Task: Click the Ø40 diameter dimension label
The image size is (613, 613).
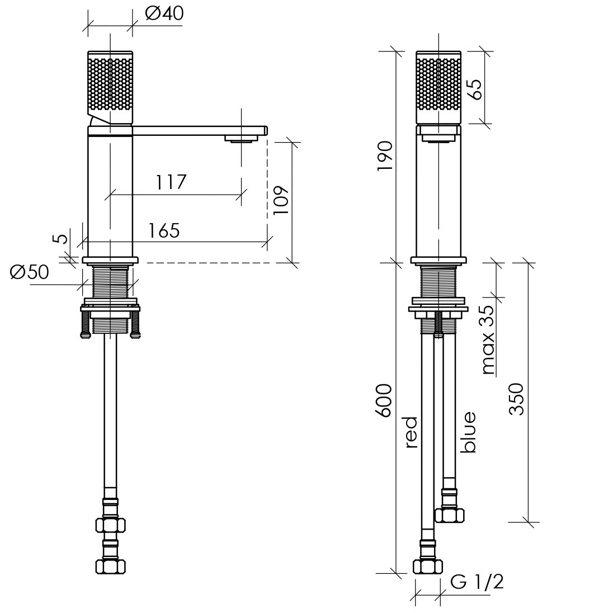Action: pyautogui.click(x=164, y=13)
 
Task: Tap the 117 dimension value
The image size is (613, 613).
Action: pyautogui.click(x=171, y=182)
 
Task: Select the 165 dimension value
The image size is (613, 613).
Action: pyautogui.click(x=164, y=230)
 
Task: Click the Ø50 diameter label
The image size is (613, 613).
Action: pyautogui.click(x=29, y=272)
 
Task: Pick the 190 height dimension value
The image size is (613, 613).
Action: pyautogui.click(x=384, y=155)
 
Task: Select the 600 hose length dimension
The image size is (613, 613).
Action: pyautogui.click(x=384, y=400)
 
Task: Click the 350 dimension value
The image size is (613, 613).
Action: pyautogui.click(x=516, y=399)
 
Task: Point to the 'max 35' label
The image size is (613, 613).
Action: pyautogui.click(x=488, y=339)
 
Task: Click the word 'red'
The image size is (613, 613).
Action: pyautogui.click(x=412, y=432)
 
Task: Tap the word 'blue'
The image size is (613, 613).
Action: pyautogui.click(x=468, y=432)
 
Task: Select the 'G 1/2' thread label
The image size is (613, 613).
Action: pyautogui.click(x=477, y=582)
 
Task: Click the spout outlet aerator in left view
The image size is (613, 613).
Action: pyautogui.click(x=241, y=139)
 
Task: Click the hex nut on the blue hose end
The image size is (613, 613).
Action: pyautogui.click(x=450, y=515)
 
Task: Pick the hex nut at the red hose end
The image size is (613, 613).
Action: pyautogui.click(x=428, y=567)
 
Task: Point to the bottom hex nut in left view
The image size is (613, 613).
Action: pyautogui.click(x=111, y=566)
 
